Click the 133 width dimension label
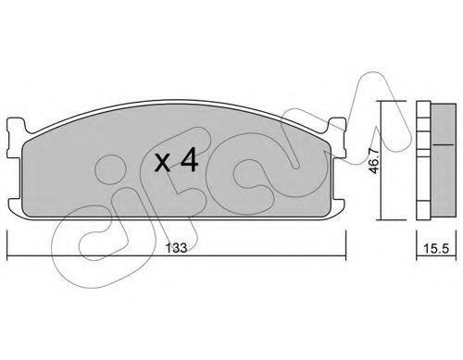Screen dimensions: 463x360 click(176, 248)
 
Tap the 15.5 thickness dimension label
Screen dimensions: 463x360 click(436, 248)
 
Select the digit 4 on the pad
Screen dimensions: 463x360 click(189, 159)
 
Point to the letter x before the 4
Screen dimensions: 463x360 click(162, 163)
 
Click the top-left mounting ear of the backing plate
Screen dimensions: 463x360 click(17, 125)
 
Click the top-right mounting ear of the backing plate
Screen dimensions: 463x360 click(336, 124)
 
